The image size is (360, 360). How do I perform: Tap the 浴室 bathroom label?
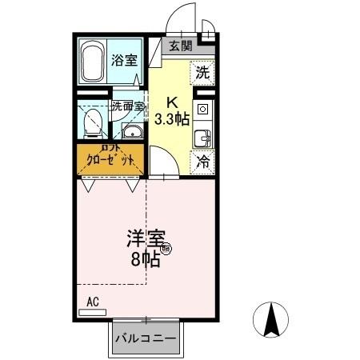click(x=123, y=58)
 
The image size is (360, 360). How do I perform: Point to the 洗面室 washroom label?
click(x=127, y=106)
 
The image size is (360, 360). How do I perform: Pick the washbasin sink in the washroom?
click(x=130, y=133)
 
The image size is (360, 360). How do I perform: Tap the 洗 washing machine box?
click(x=202, y=72)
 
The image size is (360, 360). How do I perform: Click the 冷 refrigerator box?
click(x=203, y=160)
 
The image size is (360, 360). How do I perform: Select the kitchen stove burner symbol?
click(x=202, y=109)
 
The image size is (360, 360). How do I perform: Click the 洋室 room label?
click(x=144, y=239)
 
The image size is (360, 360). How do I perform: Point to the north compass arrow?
click(x=270, y=321)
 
